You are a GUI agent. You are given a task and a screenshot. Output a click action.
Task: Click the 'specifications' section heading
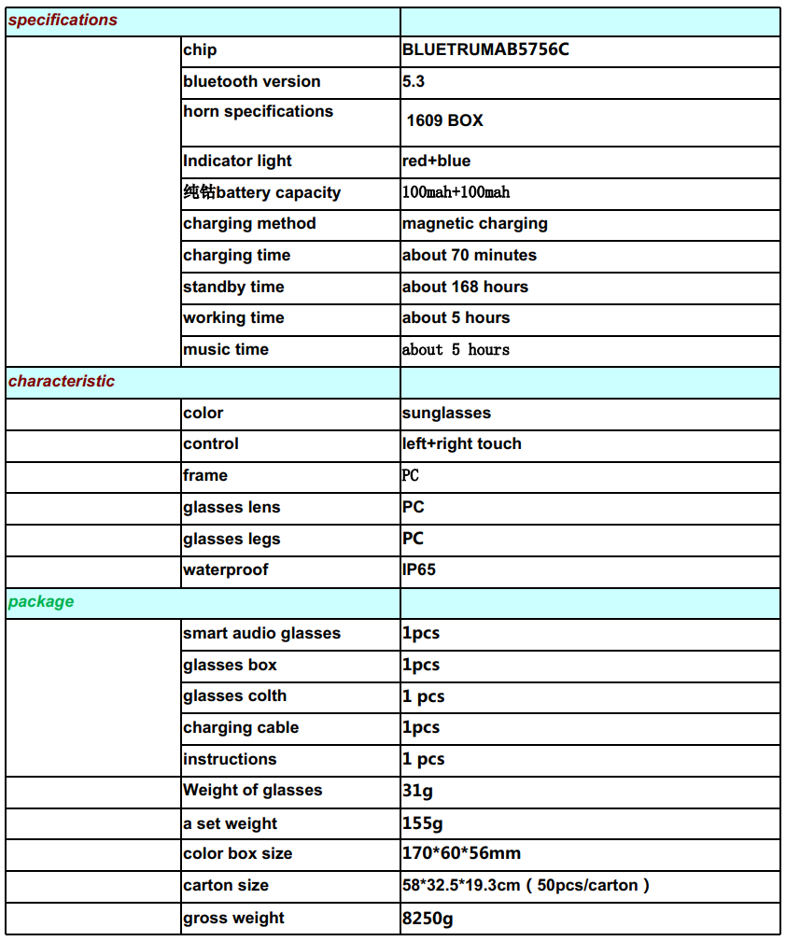click(x=63, y=20)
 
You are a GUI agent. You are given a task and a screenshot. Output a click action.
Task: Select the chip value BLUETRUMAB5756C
click(x=485, y=50)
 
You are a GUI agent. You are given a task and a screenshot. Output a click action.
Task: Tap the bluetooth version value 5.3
click(x=414, y=81)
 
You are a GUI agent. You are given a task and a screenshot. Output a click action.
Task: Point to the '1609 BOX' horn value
click(x=445, y=120)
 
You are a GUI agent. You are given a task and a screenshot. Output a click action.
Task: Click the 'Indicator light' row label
click(x=237, y=161)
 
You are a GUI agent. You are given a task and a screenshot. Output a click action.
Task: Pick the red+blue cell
click(x=436, y=161)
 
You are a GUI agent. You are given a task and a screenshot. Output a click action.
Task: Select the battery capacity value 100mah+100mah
click(x=456, y=192)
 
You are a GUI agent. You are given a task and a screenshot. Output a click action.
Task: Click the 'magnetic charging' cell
click(x=475, y=223)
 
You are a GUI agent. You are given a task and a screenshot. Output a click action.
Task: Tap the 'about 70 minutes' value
click(x=470, y=255)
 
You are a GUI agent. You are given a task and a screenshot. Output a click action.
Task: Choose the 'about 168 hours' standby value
click(x=465, y=287)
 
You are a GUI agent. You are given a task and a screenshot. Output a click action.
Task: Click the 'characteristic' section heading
click(x=62, y=381)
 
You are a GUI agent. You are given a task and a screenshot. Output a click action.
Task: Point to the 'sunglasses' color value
click(x=446, y=413)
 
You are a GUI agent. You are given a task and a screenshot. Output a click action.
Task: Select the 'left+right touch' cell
click(x=462, y=443)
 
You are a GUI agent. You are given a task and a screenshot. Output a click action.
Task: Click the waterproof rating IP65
click(x=419, y=569)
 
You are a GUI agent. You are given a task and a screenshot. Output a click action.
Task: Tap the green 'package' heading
click(x=41, y=601)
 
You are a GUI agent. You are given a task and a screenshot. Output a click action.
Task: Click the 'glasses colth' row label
click(x=234, y=695)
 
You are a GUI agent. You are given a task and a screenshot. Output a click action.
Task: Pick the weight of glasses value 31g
click(x=417, y=790)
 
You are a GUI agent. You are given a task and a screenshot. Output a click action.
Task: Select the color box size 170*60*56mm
click(x=461, y=853)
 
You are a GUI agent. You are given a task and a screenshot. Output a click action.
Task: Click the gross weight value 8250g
click(x=428, y=918)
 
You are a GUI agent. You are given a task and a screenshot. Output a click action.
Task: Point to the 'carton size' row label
click(x=226, y=885)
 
